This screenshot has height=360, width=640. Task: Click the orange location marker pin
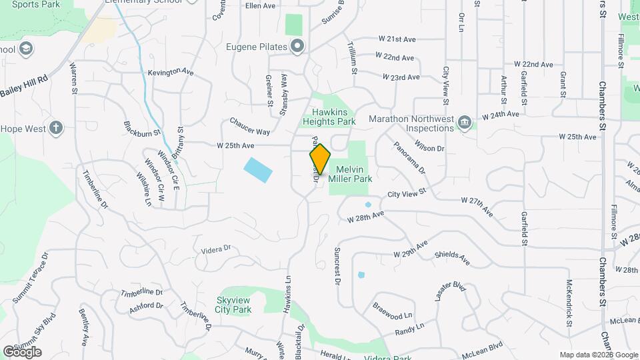(x=320, y=159)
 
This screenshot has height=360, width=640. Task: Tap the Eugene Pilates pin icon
(x=297, y=46)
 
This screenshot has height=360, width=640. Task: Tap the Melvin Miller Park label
(x=349, y=174)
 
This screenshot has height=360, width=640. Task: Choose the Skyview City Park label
(x=233, y=305)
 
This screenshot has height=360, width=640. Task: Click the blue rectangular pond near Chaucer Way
(x=258, y=170)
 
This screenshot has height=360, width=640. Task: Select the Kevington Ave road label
(x=171, y=72)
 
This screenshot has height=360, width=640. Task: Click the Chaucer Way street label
(x=249, y=127)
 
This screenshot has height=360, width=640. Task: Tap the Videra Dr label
(x=215, y=249)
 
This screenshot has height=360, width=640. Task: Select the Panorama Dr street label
(x=408, y=157)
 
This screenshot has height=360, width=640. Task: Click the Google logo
(x=21, y=351)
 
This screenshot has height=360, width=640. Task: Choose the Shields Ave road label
(x=452, y=258)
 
